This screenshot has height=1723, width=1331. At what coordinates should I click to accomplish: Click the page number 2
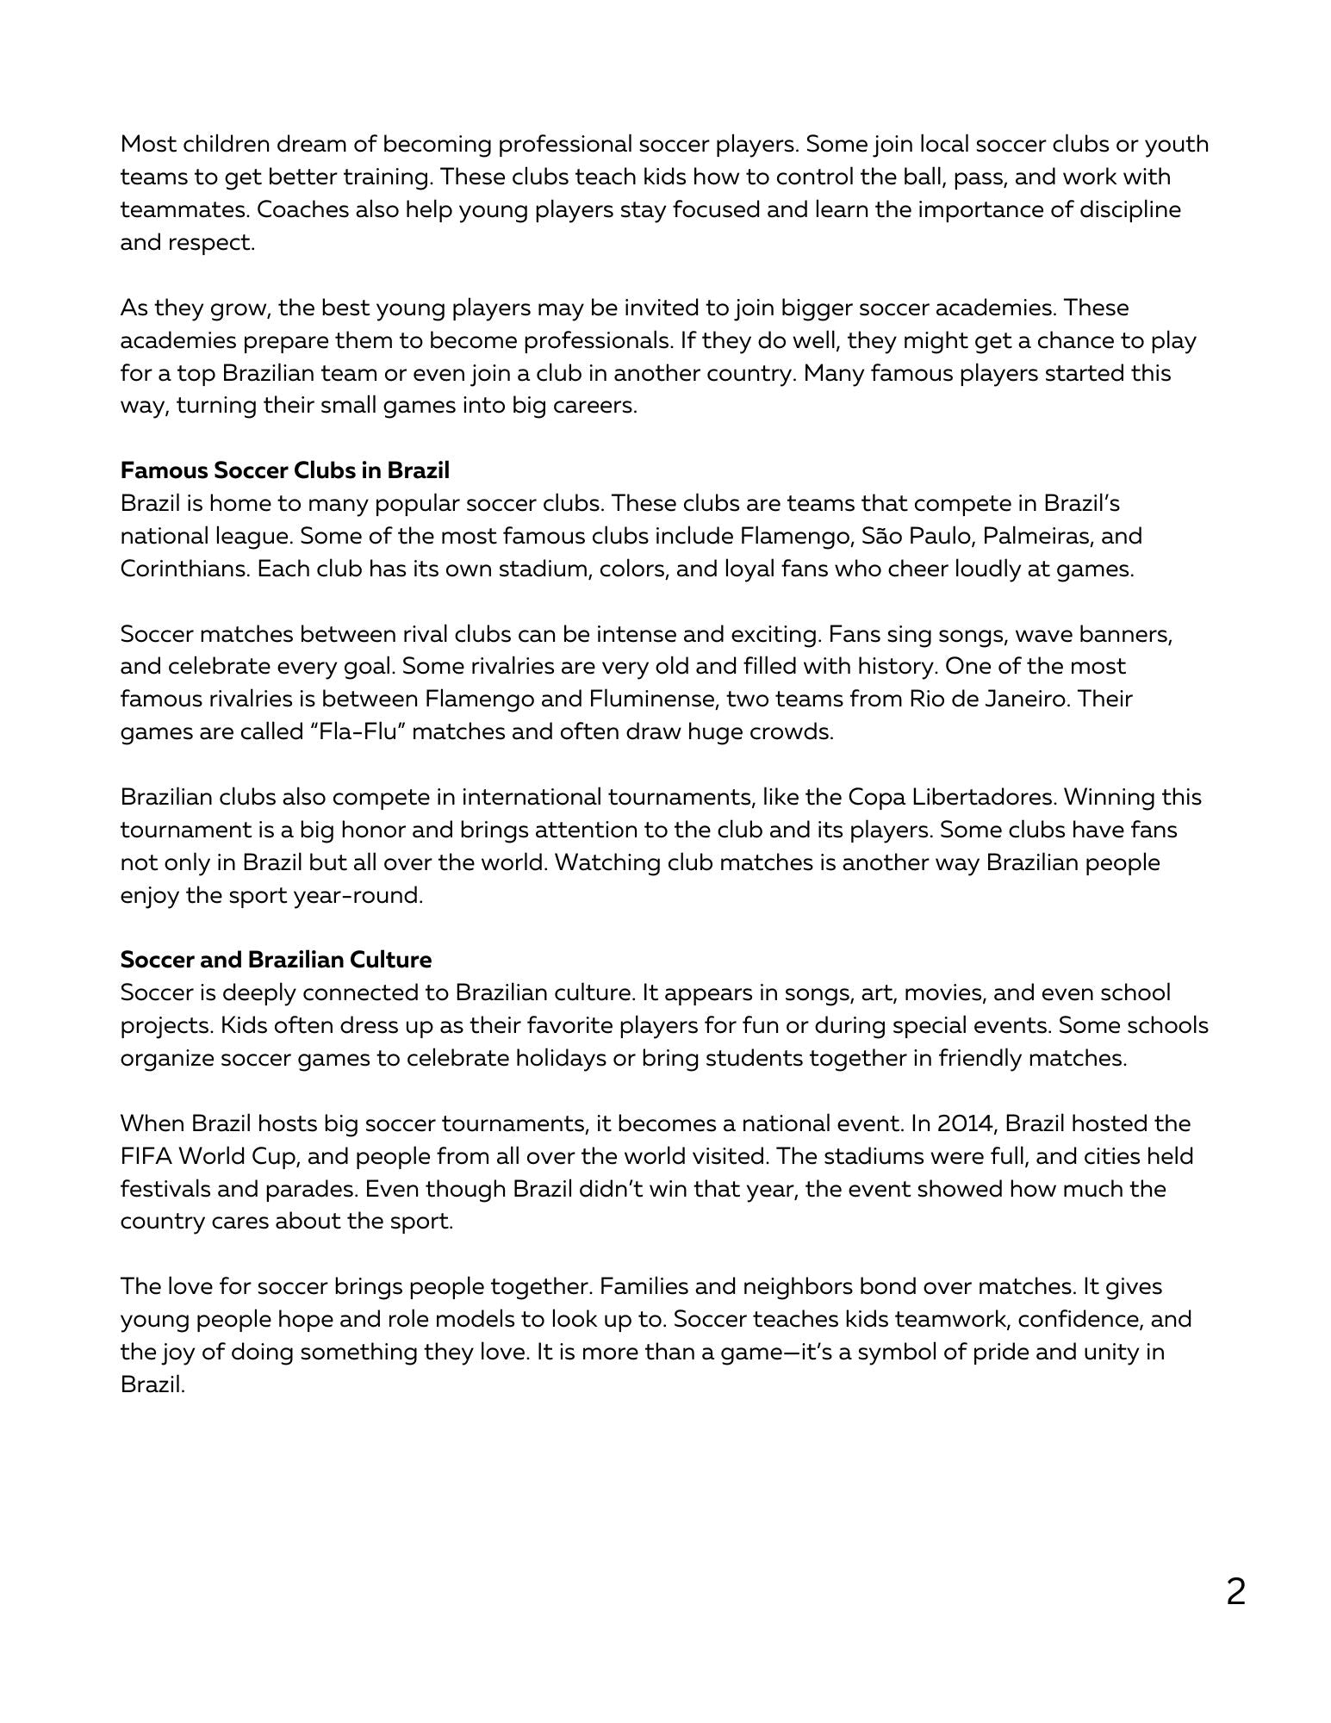(1235, 1592)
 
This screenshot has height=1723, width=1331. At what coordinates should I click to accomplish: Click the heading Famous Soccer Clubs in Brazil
(284, 470)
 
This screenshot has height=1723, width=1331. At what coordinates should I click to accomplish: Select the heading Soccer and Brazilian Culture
(276, 960)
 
